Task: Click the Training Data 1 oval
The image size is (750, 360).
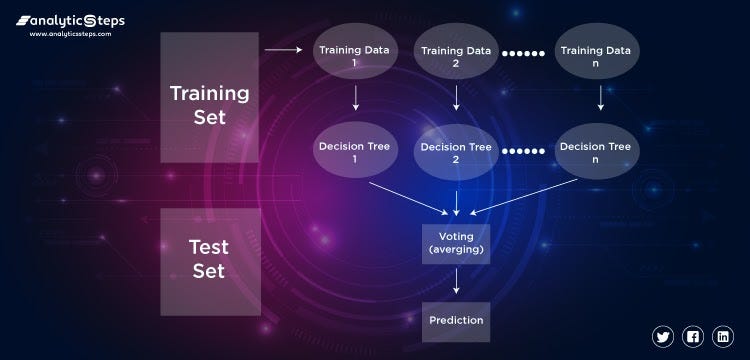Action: (x=356, y=55)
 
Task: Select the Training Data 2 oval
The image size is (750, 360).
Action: (x=456, y=55)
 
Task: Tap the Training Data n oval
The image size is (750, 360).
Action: (x=597, y=55)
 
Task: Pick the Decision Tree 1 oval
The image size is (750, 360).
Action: (x=356, y=152)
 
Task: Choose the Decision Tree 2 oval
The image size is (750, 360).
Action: (x=456, y=152)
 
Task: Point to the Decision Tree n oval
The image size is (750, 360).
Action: (x=597, y=152)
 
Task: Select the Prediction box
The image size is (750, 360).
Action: (x=456, y=321)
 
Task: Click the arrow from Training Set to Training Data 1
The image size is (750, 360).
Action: (x=283, y=49)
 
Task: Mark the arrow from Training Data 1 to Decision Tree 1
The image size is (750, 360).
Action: (x=356, y=98)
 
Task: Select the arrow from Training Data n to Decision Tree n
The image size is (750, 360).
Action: (x=600, y=98)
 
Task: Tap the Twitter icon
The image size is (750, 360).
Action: (x=663, y=336)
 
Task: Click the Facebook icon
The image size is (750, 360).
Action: (x=693, y=336)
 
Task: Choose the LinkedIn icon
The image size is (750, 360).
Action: (x=722, y=336)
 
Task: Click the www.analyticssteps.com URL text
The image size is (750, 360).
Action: (x=70, y=33)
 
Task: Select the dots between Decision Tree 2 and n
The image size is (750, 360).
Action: (x=524, y=152)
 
